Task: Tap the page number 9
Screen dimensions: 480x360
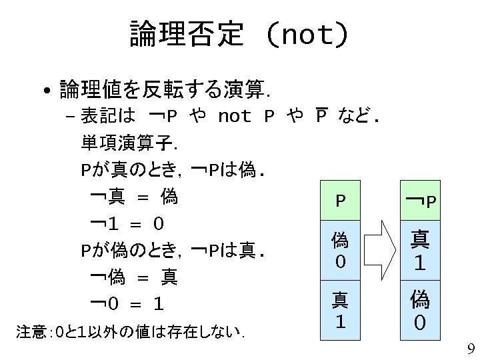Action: [x=471, y=348]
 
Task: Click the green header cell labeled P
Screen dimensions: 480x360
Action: [x=340, y=200]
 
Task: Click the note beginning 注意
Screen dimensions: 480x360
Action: [x=130, y=331]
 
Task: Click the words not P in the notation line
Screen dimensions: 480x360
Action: [x=246, y=117]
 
